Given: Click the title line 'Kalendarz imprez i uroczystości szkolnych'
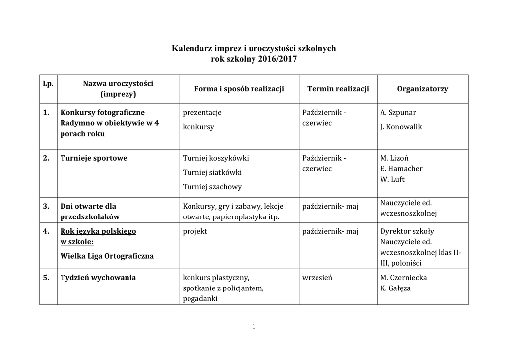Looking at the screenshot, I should (254, 49).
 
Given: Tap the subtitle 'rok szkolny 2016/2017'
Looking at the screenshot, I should (254, 59).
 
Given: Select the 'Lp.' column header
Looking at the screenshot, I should (48, 84).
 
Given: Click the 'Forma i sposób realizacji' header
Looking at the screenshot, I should (239, 89).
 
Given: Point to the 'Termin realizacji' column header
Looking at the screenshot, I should (338, 89).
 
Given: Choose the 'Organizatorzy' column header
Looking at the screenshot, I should (423, 89).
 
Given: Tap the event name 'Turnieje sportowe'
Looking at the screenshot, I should (94, 158).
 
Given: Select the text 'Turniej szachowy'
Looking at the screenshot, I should (212, 187).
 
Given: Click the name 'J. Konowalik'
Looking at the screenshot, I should (401, 127).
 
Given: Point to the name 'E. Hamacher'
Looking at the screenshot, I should (401, 169).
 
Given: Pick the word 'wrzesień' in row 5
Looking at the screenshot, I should (317, 278).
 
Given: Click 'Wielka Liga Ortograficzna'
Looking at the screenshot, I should (107, 256).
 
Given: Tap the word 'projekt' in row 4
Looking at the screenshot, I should (195, 231).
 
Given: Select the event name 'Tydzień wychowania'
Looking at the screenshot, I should (98, 278).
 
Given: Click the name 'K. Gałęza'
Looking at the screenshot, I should (396, 288).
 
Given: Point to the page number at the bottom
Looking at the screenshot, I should (254, 326).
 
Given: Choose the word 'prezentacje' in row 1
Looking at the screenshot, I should (202, 112).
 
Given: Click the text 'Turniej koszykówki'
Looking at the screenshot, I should (216, 158).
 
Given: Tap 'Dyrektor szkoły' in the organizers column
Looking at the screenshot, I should (407, 231).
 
